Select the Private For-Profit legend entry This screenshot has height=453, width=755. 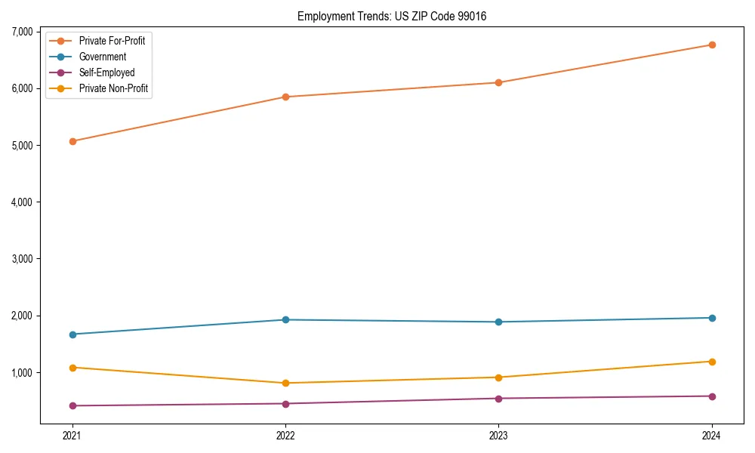(x=112, y=41)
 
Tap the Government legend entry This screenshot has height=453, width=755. (x=103, y=57)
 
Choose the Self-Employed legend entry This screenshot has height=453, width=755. (x=106, y=72)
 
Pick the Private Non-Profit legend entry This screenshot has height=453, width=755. (x=113, y=88)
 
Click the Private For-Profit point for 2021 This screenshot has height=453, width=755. (x=72, y=141)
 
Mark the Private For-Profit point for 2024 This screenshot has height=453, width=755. (x=712, y=45)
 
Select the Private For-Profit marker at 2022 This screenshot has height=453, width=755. (x=285, y=97)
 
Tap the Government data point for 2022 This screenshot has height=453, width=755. (x=285, y=319)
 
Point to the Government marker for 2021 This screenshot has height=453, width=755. (x=72, y=334)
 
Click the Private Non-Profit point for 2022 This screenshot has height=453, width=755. (x=285, y=383)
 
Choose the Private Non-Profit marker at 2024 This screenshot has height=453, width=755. (x=712, y=362)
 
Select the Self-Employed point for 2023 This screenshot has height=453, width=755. (x=498, y=399)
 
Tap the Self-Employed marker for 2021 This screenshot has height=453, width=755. (x=72, y=405)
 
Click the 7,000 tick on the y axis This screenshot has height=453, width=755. (x=22, y=32)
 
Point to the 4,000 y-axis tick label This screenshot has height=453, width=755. (x=22, y=202)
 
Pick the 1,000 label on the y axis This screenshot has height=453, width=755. (x=22, y=373)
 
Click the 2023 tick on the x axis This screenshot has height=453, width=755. (x=498, y=435)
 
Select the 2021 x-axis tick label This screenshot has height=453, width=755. (x=72, y=435)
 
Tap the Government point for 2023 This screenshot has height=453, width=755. (x=498, y=322)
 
